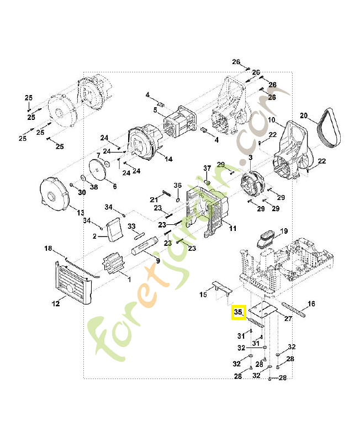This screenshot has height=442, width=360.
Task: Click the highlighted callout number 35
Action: (239, 312)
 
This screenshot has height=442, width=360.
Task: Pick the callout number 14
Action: (168, 159)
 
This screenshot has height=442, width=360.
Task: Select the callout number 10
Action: (271, 120)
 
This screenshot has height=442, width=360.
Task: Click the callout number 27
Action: (288, 318)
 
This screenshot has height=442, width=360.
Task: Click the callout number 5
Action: (155, 110)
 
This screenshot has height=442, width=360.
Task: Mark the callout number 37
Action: (208, 168)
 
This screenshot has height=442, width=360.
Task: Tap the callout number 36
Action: (178, 185)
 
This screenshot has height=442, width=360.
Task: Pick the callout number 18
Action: (47, 249)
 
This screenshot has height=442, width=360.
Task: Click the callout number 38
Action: (94, 187)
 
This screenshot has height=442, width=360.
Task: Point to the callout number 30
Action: (82, 192)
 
